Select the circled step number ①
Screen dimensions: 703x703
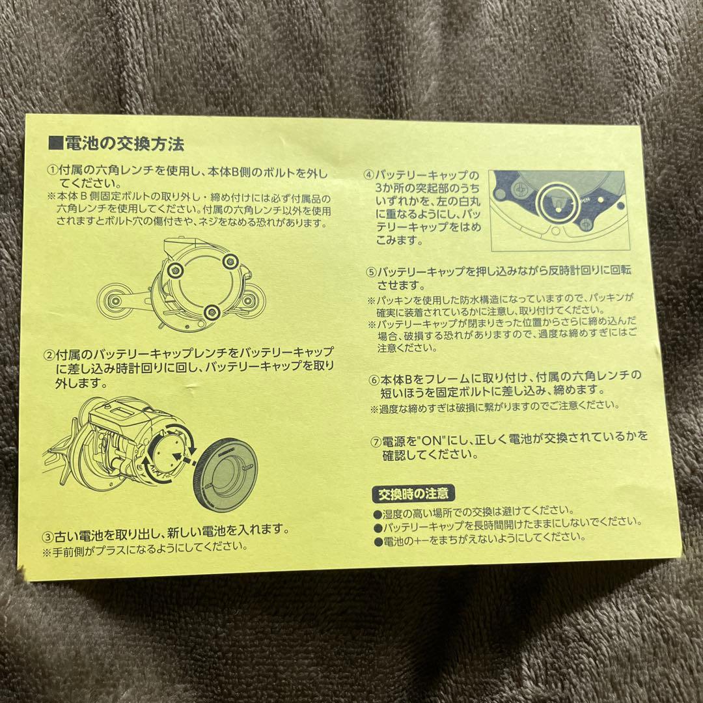(x=53, y=171)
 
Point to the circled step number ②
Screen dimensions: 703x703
(x=49, y=355)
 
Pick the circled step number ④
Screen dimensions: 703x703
(x=368, y=176)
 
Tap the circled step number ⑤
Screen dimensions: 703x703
(x=372, y=272)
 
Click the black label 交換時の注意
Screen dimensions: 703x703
(x=413, y=493)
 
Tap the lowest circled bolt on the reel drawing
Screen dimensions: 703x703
(x=210, y=313)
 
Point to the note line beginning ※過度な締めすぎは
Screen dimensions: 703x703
(x=494, y=406)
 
